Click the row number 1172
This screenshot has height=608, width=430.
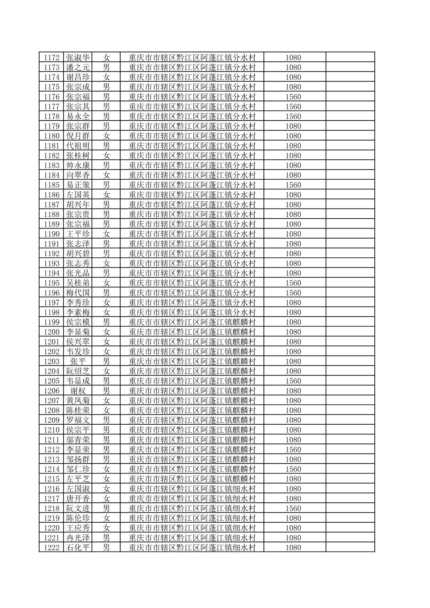click(x=52, y=58)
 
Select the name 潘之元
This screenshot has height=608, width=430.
click(x=78, y=67)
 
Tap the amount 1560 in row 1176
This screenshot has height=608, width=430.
click(x=293, y=97)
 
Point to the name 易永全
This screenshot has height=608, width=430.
click(x=78, y=116)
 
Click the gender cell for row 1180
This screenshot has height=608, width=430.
click(x=106, y=136)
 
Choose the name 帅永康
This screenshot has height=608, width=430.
click(x=78, y=165)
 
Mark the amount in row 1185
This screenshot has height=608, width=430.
click(x=293, y=185)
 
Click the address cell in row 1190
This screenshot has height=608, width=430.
click(x=192, y=234)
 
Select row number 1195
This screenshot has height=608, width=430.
click(x=52, y=283)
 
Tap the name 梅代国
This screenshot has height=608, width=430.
click(x=78, y=293)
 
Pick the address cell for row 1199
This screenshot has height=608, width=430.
click(x=192, y=322)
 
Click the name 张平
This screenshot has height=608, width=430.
click(x=78, y=361)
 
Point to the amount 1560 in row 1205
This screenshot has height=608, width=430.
click(x=293, y=381)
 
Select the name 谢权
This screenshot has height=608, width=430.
click(x=78, y=391)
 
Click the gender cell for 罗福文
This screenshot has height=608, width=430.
click(x=106, y=420)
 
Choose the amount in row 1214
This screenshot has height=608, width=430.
click(x=293, y=469)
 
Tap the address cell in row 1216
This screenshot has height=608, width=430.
click(x=192, y=489)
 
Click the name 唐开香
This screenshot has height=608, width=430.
click(x=78, y=499)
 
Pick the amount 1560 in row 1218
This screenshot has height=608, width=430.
click(x=293, y=508)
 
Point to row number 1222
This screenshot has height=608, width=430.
click(x=52, y=548)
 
